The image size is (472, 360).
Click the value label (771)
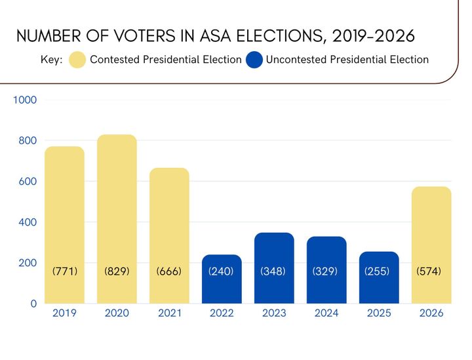pyautogui.click(x=64, y=270)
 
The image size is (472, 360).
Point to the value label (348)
pyautogui.click(x=274, y=270)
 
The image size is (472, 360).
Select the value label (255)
pyautogui.click(x=379, y=270)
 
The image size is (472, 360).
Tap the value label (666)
pyautogui.click(x=169, y=270)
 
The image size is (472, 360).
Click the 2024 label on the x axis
pyautogui.click(x=326, y=313)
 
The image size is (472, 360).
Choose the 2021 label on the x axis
pyautogui.click(x=169, y=313)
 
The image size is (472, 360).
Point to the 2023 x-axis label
pyautogui.click(x=274, y=313)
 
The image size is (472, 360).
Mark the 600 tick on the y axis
pyautogui.click(x=28, y=182)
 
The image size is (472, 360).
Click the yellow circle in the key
pyautogui.click(x=77, y=60)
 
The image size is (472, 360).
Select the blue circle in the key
pyautogui.click(x=254, y=60)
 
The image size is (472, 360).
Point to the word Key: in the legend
pyautogui.click(x=52, y=60)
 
